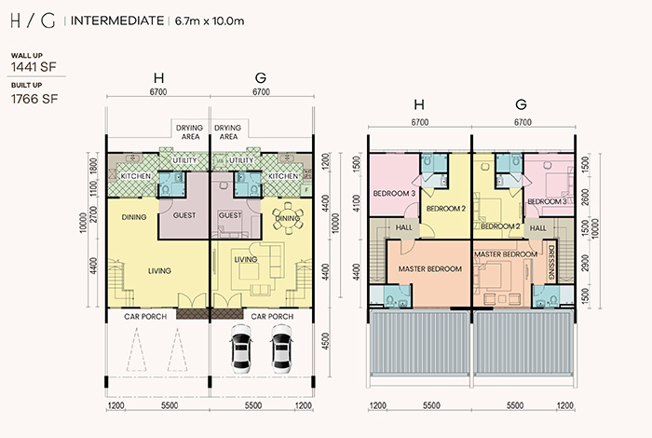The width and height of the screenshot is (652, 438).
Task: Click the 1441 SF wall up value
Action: [34, 67]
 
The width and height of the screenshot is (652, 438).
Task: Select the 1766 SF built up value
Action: [34, 99]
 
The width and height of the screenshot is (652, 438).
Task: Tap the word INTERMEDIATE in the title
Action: [117, 21]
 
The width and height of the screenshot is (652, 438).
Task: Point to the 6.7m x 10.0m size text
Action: [210, 21]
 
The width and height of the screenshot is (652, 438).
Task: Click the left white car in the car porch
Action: [240, 349]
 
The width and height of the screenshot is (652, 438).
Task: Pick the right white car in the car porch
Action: [282, 349]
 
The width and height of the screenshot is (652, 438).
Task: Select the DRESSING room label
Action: [551, 262]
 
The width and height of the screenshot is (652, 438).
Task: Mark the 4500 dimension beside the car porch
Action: [326, 341]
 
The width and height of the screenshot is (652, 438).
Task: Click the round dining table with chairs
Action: [287, 217]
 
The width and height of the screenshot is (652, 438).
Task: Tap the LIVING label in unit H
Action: [159, 271]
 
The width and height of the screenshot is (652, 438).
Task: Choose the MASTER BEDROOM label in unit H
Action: [430, 269]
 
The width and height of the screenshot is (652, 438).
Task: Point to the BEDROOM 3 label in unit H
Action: [394, 194]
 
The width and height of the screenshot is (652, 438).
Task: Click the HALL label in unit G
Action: [538, 228]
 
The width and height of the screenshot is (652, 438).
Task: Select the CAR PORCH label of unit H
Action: [145, 317]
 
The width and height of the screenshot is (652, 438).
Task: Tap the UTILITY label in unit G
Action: [241, 160]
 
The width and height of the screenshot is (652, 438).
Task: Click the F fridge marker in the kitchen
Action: [306, 190]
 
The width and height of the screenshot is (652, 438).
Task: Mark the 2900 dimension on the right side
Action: [586, 264]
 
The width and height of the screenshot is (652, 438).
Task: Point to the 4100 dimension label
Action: [357, 203]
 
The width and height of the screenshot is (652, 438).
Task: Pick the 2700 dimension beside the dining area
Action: [93, 214]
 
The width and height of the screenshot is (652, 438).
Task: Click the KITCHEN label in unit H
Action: [136, 176]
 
